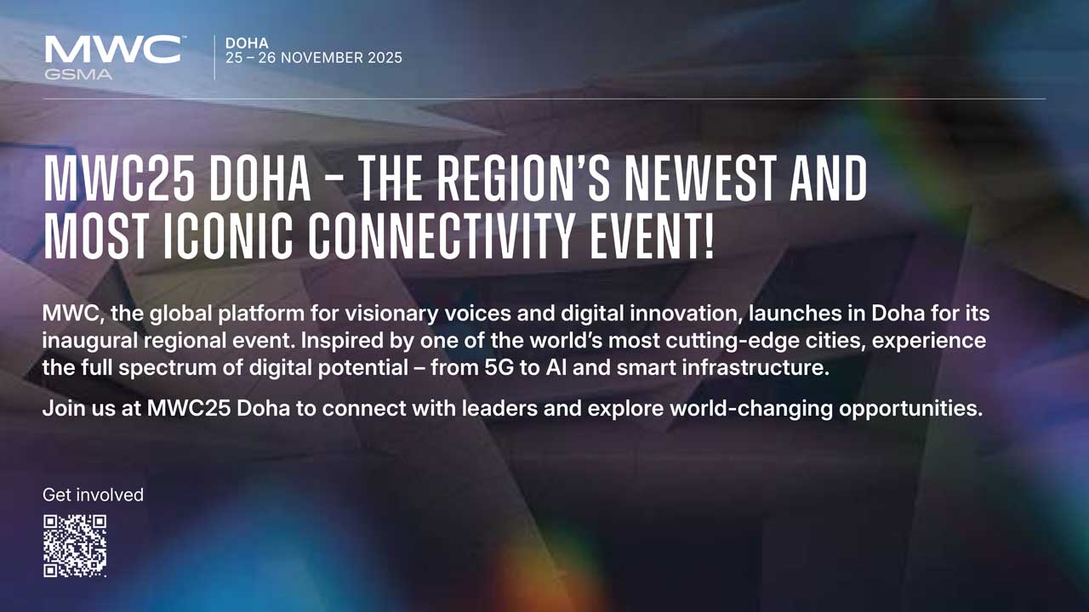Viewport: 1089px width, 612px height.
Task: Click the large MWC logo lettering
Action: [x=113, y=49]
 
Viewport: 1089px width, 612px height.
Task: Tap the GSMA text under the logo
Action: [x=78, y=75]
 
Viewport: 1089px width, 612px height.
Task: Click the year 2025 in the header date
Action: [x=385, y=58]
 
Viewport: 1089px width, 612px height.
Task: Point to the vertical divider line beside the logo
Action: [x=214, y=57]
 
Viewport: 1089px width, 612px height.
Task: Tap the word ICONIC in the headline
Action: [x=228, y=236]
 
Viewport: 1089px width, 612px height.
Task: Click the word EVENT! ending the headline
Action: [x=652, y=236]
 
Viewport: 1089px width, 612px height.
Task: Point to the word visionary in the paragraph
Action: [x=392, y=314]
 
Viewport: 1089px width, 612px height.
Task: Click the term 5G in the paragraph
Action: [x=499, y=367]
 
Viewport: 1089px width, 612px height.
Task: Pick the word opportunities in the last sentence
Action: [x=911, y=409]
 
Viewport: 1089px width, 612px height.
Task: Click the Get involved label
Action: [x=93, y=495]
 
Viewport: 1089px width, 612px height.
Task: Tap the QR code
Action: [x=75, y=546]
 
